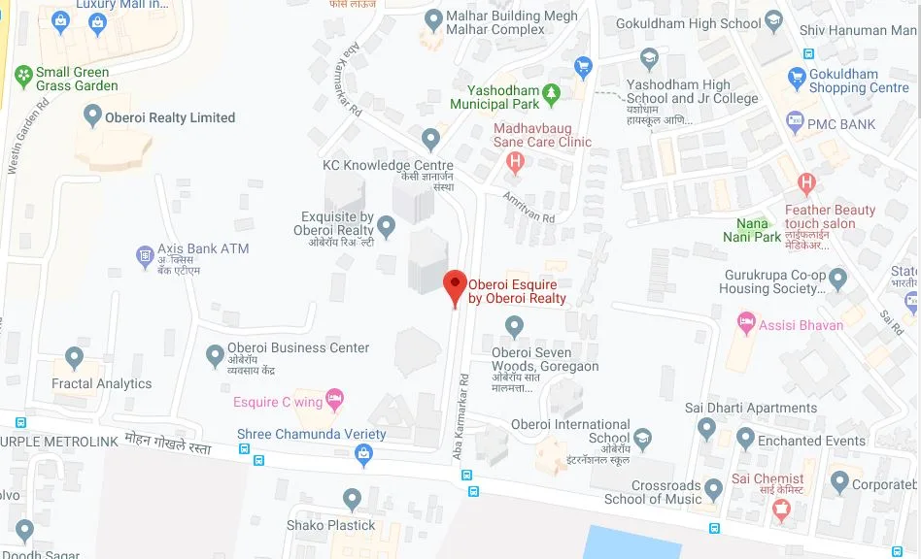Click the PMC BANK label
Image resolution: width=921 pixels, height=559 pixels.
click(841, 124)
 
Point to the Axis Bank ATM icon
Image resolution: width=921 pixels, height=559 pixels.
click(145, 255)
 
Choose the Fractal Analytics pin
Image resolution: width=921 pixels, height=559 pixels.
click(74, 358)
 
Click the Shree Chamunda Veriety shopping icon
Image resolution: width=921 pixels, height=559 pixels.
click(363, 452)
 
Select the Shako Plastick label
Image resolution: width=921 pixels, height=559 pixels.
click(330, 525)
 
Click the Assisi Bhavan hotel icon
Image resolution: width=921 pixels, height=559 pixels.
click(746, 321)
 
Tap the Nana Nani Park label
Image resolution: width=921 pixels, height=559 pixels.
click(752, 230)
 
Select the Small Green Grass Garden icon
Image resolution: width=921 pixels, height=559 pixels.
click(23, 74)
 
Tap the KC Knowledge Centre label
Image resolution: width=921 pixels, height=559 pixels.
click(388, 165)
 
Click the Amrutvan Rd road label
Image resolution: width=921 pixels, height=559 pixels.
click(529, 206)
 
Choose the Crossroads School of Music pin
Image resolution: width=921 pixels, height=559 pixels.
click(714, 487)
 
